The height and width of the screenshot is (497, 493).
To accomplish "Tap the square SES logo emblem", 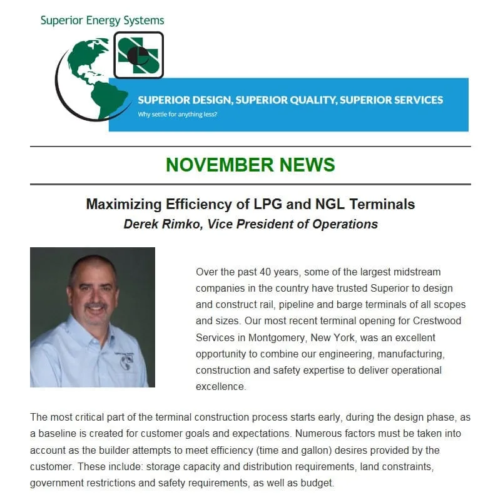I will click(138, 55).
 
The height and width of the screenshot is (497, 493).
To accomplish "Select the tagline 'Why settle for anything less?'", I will click(178, 115).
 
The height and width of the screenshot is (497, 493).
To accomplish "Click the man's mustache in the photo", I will click(96, 307).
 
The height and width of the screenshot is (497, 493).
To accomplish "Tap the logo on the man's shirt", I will click(126, 361).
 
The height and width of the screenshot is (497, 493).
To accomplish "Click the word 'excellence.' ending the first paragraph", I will click(221, 386).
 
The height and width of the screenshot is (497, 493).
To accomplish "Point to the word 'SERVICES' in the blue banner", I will click(412, 100).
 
